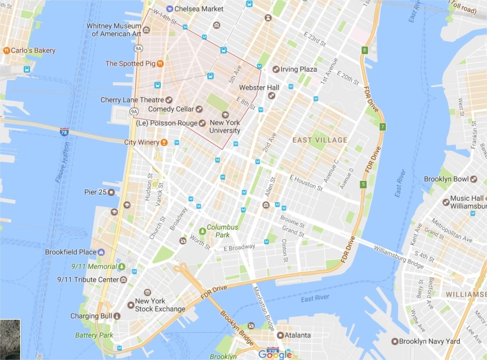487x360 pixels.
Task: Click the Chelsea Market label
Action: coord(199,9)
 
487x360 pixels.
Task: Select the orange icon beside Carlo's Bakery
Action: coord(6,50)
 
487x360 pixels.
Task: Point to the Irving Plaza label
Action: coord(299,69)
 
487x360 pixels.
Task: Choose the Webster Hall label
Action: coord(259,88)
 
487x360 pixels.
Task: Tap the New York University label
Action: coord(225,126)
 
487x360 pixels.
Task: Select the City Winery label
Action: coord(142,142)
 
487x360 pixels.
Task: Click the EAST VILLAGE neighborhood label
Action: coord(320,140)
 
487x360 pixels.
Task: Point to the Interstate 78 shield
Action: coord(64,131)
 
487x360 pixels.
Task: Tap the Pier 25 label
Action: coord(95,192)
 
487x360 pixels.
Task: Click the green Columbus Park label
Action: coord(222,231)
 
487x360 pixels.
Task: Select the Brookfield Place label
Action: coord(71,252)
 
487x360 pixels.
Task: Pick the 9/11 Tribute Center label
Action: coord(88,280)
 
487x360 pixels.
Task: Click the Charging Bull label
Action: coord(91,316)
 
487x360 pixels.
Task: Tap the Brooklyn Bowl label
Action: coord(446,179)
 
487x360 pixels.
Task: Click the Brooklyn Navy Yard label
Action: coord(429,341)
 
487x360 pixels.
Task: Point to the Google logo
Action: coord(275,354)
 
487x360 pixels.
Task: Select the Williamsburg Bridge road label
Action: coord(397,254)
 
